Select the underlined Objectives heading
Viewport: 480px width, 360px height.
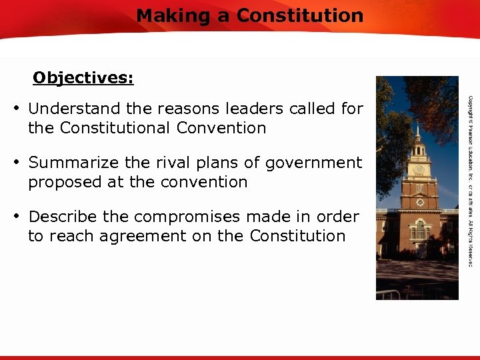tap(83, 78)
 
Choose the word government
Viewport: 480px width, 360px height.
tap(313, 163)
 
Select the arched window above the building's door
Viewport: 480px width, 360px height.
tap(419, 231)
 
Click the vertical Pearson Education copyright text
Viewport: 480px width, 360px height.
tap(470, 180)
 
